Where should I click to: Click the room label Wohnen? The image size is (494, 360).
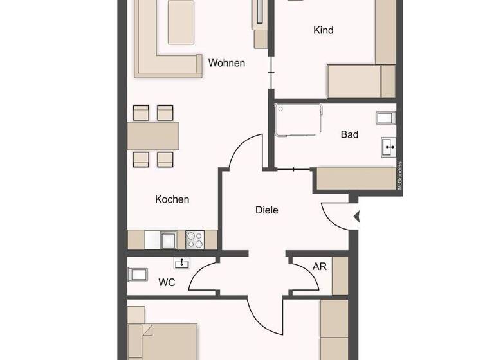click(x=226, y=63)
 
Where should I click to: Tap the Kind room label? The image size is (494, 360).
click(x=323, y=30)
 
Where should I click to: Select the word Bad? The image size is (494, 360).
click(x=349, y=134)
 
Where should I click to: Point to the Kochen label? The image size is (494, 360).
click(x=172, y=199)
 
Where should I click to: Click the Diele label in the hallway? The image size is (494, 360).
click(x=267, y=210)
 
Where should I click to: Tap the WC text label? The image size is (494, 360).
click(x=167, y=282)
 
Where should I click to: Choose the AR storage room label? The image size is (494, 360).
click(x=320, y=266)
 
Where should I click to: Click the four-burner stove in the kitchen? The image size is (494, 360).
click(x=194, y=240)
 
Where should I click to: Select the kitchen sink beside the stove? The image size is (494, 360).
click(x=169, y=240)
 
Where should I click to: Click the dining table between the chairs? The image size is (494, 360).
click(x=153, y=136)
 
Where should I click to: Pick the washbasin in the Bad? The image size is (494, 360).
click(x=389, y=147)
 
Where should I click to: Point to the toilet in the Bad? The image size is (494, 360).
click(x=385, y=118)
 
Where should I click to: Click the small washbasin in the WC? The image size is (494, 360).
click(x=182, y=262)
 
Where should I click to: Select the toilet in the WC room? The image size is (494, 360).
click(x=137, y=275)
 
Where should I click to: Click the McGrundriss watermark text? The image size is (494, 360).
click(x=399, y=175)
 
